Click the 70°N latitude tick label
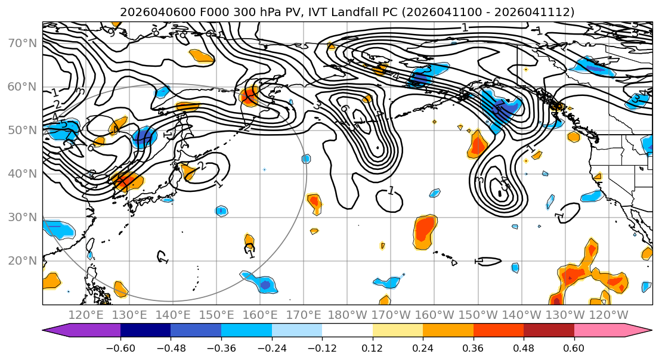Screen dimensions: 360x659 [x=21, y=44]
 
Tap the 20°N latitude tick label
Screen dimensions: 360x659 [x=21, y=260]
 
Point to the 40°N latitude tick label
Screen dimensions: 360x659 [x=21, y=173]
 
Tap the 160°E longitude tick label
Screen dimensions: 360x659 [x=261, y=315]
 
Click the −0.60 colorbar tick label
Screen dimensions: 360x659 [x=120, y=347]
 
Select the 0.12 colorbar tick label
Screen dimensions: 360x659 [x=373, y=347]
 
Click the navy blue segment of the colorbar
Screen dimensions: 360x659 [x=146, y=331]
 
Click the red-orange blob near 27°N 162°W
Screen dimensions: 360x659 [x=425, y=231]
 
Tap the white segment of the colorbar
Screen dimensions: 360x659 [x=347, y=331]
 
